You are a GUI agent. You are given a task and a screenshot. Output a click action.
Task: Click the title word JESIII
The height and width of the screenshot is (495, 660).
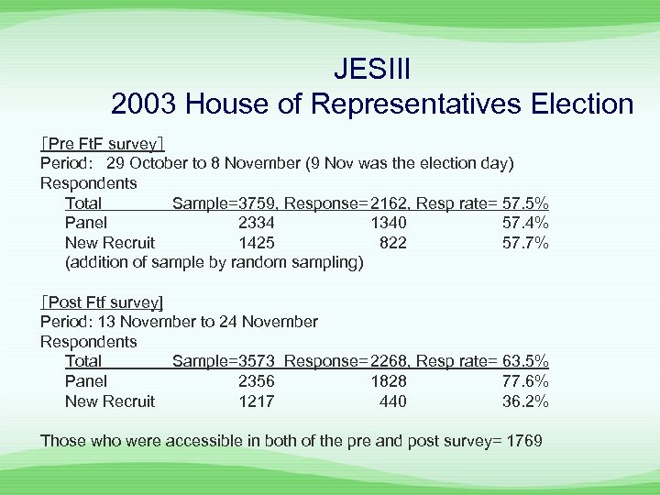click(371, 69)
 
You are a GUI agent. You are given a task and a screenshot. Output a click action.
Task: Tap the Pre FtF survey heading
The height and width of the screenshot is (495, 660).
click(102, 144)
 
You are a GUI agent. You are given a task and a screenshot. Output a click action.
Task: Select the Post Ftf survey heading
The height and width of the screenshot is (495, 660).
click(102, 302)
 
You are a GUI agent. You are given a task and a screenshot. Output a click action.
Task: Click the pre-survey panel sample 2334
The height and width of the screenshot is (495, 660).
click(256, 223)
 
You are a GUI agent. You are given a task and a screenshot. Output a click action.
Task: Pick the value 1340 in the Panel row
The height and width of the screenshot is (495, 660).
click(389, 223)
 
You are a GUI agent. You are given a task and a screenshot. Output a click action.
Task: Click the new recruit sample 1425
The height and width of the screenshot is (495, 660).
click(256, 243)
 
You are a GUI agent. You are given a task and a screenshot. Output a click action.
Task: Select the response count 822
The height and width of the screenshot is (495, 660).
click(393, 243)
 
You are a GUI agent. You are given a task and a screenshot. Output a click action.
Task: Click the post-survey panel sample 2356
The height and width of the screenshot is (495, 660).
click(256, 381)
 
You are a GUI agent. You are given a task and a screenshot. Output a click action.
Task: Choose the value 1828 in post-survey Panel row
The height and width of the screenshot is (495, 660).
click(389, 381)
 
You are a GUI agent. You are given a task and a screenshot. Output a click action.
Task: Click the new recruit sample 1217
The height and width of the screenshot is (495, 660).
click(256, 401)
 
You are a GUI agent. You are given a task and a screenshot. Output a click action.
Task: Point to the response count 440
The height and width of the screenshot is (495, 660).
click(393, 401)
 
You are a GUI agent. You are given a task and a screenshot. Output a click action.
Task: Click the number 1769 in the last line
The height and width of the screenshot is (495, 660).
click(523, 441)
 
